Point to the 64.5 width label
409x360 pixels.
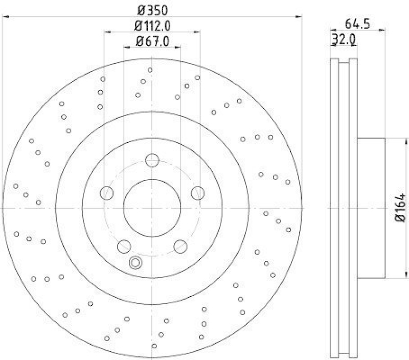tap(357, 24)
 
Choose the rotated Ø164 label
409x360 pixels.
tap(400, 209)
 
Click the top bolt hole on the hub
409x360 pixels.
tap(152, 161)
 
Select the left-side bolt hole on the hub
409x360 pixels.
tap(106, 193)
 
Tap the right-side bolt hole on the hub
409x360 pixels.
tap(197, 193)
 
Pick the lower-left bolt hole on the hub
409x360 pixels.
tap(124, 247)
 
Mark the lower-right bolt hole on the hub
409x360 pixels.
tap(180, 247)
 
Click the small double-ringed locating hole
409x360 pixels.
tap(135, 263)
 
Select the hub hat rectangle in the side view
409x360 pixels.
tap(370, 209)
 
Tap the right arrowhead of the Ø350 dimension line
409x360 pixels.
tap(301, 16)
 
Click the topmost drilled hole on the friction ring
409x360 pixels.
tap(150, 70)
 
